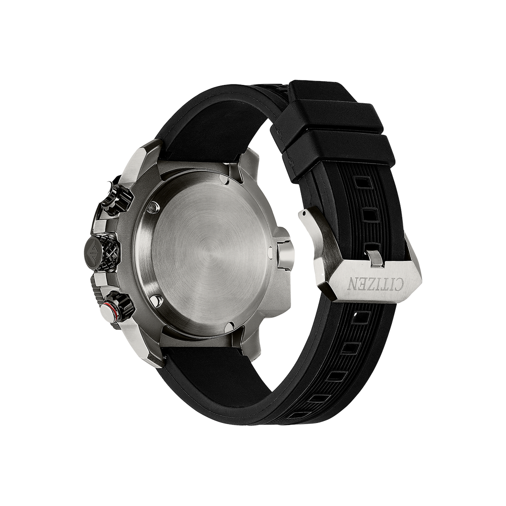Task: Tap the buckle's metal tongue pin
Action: pos(377,258)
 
